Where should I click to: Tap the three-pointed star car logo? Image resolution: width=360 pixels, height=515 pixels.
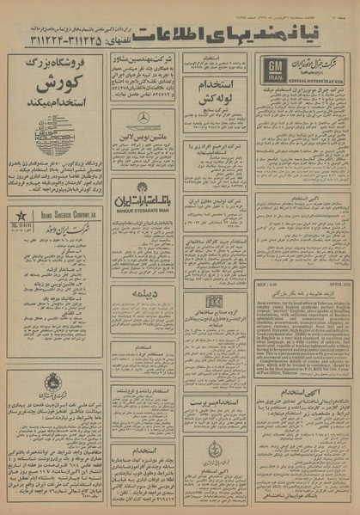(143, 119)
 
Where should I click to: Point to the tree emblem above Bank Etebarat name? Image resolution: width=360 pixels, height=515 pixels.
(142, 187)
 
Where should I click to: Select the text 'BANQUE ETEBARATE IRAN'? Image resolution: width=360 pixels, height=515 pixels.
(142, 210)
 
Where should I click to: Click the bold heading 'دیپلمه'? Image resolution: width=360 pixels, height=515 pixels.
(142, 296)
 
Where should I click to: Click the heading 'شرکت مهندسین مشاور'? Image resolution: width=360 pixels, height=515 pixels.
(142, 63)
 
